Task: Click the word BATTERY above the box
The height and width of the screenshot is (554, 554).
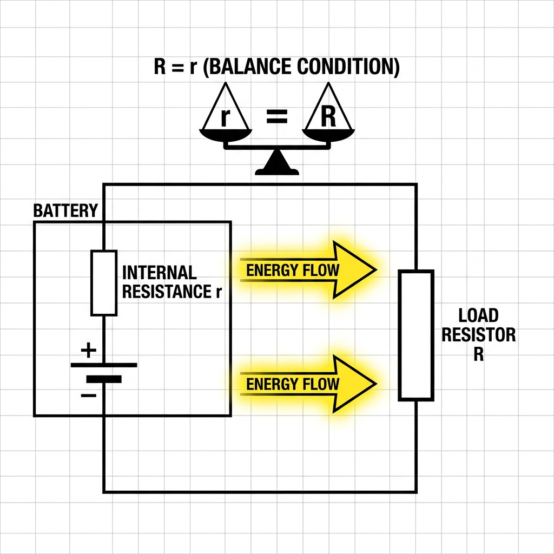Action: (x=65, y=210)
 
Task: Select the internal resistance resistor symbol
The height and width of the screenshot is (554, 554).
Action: (x=104, y=282)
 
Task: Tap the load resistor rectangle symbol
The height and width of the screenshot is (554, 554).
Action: (x=416, y=335)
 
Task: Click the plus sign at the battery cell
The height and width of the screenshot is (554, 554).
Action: (x=88, y=350)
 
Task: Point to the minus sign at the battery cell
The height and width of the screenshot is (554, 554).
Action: (x=88, y=395)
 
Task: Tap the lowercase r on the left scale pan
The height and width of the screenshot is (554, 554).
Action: (x=225, y=117)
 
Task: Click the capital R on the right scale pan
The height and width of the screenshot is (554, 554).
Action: (x=328, y=117)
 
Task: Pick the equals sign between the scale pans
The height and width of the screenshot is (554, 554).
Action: (x=276, y=117)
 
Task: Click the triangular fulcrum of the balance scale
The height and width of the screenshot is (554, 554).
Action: (x=277, y=162)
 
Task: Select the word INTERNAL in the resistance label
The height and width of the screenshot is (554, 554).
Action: (x=160, y=273)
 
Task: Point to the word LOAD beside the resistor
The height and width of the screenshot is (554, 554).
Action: (x=478, y=315)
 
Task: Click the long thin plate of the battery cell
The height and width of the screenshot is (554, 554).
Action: (x=104, y=365)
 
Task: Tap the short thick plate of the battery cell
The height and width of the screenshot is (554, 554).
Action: (x=104, y=379)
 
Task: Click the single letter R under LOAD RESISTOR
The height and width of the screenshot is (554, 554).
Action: (x=478, y=354)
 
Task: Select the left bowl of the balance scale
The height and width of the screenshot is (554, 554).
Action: (x=226, y=135)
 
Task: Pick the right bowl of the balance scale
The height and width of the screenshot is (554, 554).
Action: (x=328, y=135)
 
